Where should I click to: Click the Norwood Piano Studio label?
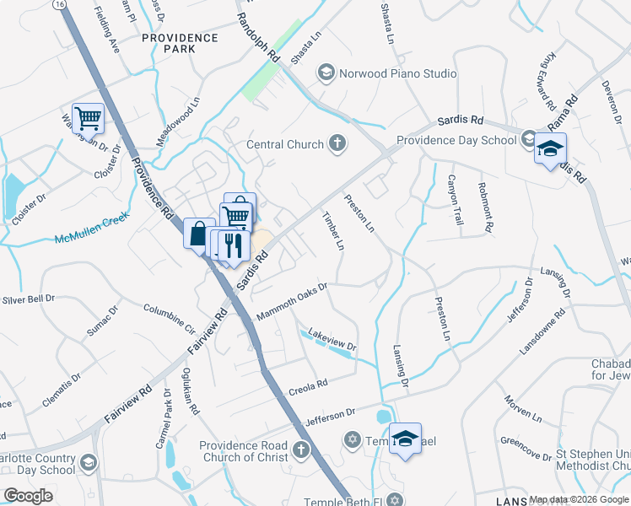(397, 73)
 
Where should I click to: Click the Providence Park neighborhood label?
(180, 43)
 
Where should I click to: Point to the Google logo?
(28, 496)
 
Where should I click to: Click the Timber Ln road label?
(333, 231)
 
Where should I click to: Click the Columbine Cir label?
(169, 316)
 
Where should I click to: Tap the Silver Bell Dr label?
(28, 299)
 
